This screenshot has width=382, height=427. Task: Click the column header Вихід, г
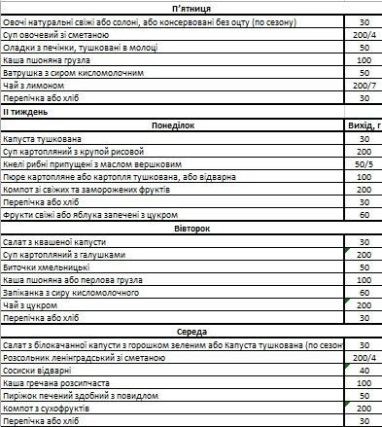364,125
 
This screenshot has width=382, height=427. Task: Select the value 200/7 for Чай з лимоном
364,85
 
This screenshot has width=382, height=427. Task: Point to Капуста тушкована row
40,138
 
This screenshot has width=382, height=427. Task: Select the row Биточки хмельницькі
48,266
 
